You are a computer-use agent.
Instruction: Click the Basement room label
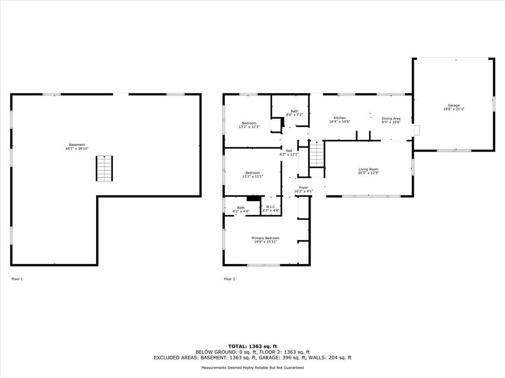pyautogui.click(x=76, y=147)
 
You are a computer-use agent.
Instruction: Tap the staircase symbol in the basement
pyautogui.click(x=105, y=168)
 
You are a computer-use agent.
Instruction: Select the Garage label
pyautogui.click(x=454, y=107)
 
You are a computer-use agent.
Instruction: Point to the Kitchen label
pyautogui.click(x=339, y=120)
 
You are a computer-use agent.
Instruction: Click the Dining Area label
pyautogui.click(x=391, y=120)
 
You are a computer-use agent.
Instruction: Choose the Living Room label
pyautogui.click(x=368, y=171)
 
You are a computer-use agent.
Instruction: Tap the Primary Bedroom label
pyautogui.click(x=265, y=240)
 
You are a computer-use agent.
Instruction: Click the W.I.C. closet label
pyautogui.click(x=271, y=209)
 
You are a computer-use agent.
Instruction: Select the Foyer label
pyautogui.click(x=303, y=189)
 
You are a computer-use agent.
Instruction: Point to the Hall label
pyautogui.click(x=289, y=153)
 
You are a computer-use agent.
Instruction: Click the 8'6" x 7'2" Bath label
pyautogui.click(x=294, y=113)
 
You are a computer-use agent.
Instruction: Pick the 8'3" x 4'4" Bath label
pyautogui.click(x=241, y=210)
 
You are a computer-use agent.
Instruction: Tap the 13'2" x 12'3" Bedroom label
pyautogui.click(x=249, y=125)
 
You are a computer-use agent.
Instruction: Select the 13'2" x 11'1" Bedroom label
pyautogui.click(x=252, y=175)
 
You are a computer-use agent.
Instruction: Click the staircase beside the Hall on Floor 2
pyautogui.click(x=317, y=154)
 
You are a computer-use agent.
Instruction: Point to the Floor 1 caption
pyautogui.click(x=17, y=279)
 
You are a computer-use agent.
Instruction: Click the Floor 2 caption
pyautogui.click(x=230, y=279)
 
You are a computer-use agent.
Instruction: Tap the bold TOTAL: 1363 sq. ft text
pyautogui.click(x=252, y=346)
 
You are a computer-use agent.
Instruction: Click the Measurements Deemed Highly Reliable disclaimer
pyautogui.click(x=252, y=367)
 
